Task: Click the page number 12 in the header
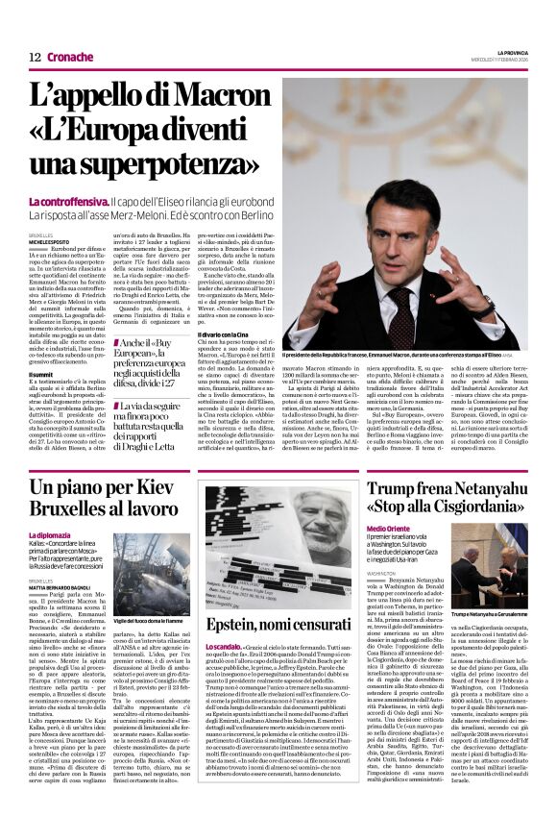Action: [35, 56]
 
